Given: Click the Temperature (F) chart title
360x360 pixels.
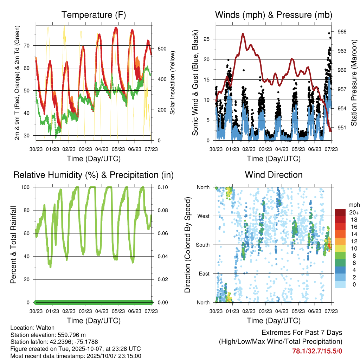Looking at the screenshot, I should (94, 15).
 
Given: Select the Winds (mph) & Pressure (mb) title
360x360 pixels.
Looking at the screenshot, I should (274, 15).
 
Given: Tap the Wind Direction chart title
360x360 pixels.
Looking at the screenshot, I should (274, 175).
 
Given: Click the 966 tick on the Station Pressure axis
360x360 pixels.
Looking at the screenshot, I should (342, 32).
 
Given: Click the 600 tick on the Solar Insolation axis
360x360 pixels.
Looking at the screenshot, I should (162, 49).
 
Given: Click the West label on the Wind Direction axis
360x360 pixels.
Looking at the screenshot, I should (204, 216).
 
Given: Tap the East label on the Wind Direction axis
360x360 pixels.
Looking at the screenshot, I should (204, 274).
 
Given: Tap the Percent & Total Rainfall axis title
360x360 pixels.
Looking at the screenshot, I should (13, 245).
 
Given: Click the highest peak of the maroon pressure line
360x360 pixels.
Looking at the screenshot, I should (243, 34).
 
